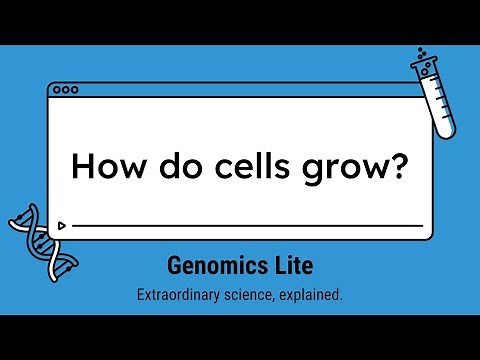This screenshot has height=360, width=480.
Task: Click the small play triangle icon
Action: (63, 226)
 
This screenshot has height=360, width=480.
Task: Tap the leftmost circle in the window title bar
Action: (57, 89)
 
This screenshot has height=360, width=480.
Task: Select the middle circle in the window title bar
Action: (65, 89)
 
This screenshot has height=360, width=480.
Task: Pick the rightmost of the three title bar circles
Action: (74, 89)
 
